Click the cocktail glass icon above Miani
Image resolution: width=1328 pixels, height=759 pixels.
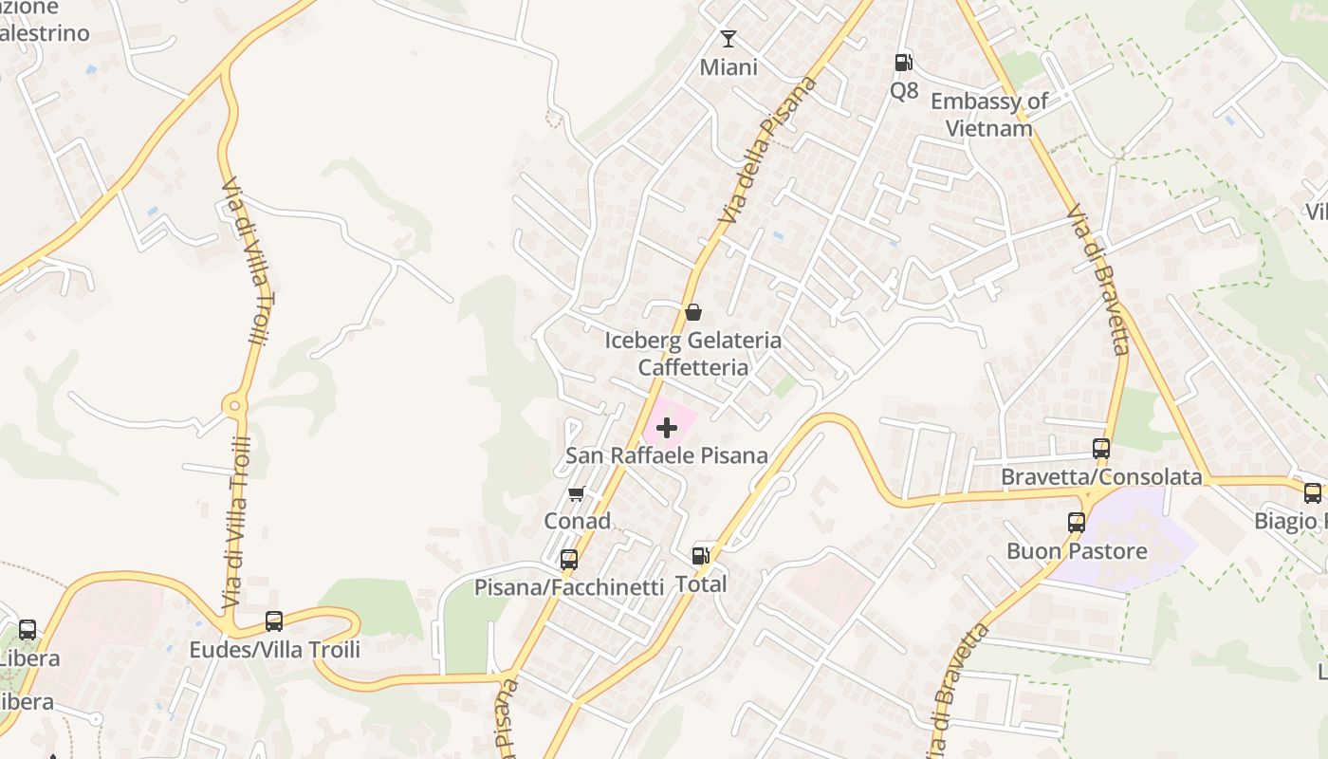tap(729, 39)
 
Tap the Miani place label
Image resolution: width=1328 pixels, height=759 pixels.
tap(729, 67)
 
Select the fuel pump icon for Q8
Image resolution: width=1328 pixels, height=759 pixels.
tap(904, 63)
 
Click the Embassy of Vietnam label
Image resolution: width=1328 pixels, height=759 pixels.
tap(989, 115)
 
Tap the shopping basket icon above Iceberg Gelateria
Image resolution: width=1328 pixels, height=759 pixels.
tap(693, 312)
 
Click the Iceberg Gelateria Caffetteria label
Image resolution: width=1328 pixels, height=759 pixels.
tap(693, 354)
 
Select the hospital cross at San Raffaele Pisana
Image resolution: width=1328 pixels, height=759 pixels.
tap(667, 428)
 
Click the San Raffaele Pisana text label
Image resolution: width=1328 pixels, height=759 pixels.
tap(667, 455)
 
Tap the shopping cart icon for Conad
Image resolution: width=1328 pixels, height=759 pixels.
tap(576, 493)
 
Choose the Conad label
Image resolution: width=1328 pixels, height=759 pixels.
tap(577, 521)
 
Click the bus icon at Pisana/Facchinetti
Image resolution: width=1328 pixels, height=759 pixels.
tap(569, 560)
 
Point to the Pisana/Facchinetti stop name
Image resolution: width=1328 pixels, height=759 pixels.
tap(569, 587)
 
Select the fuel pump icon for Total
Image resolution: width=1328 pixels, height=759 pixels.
tap(700, 556)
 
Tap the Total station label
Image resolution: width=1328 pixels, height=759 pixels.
tap(701, 583)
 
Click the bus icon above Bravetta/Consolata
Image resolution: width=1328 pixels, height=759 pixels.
tap(1101, 449)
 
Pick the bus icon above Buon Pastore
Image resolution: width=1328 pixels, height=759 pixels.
tap(1077, 523)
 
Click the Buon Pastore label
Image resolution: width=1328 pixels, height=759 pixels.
tap(1077, 551)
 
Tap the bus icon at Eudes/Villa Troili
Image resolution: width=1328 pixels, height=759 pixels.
tap(274, 621)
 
